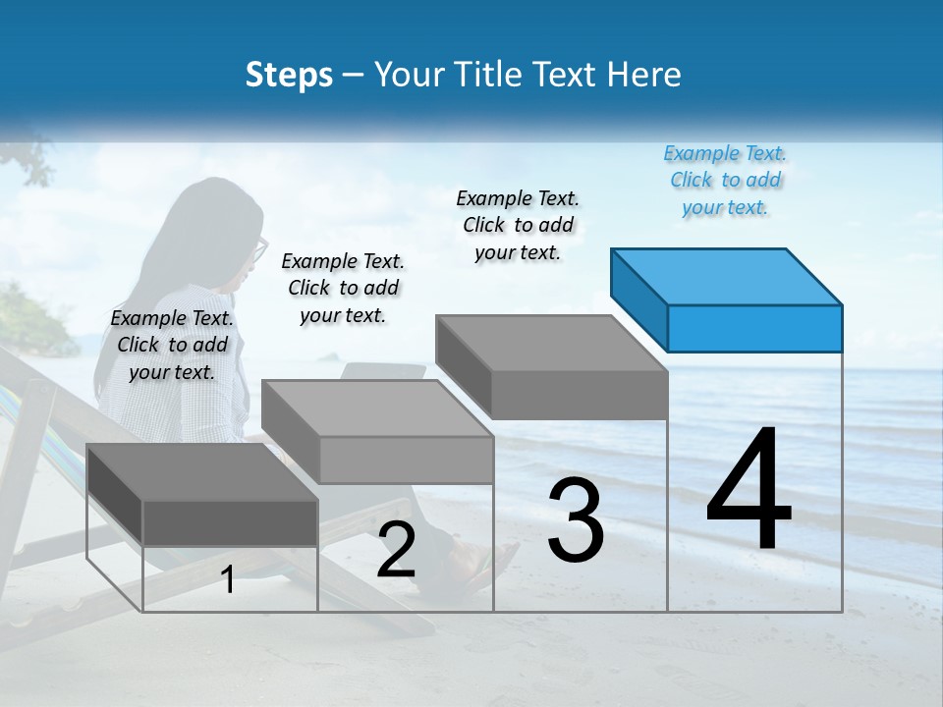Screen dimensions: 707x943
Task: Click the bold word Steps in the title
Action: [x=289, y=75]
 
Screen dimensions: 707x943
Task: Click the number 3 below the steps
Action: [x=575, y=520]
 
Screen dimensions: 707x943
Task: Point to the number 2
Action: [x=396, y=551]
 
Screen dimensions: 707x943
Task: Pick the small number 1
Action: [x=227, y=580]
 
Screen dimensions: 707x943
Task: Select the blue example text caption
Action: [x=725, y=181]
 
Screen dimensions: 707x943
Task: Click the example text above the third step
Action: [x=518, y=226]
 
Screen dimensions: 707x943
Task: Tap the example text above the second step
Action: [x=343, y=288]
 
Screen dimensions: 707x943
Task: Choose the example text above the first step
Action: [x=172, y=345]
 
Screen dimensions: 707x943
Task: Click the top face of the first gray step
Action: [x=201, y=472]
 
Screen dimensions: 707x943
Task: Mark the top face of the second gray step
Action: [x=376, y=408]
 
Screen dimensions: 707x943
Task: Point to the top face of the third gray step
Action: [x=550, y=344]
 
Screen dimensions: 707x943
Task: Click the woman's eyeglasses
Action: [x=259, y=250]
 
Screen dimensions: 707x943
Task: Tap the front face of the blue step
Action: [x=754, y=328]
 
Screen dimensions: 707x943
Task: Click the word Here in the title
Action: [x=646, y=75]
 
